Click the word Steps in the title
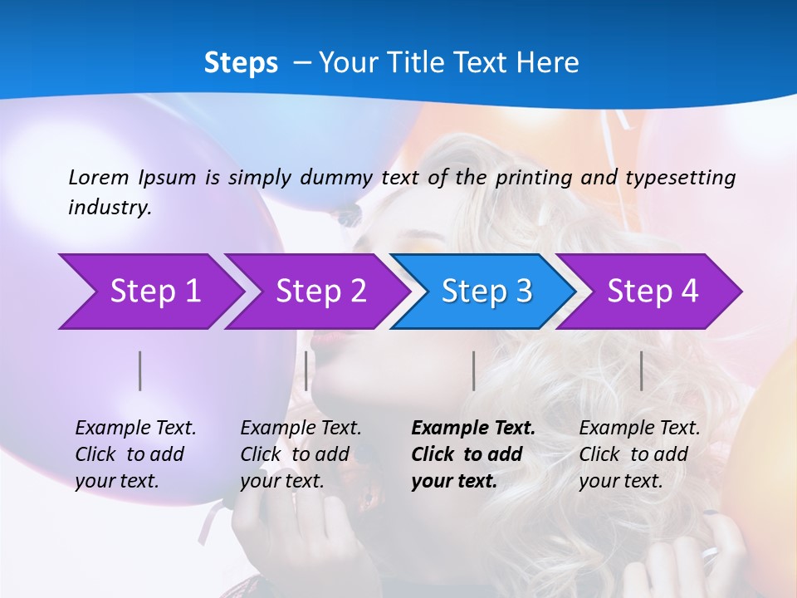pyautogui.click(x=241, y=63)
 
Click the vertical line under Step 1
pyautogui.click(x=140, y=370)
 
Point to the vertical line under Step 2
pyautogui.click(x=306, y=370)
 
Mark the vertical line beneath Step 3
pyautogui.click(x=474, y=370)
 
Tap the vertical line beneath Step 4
pyautogui.click(x=642, y=370)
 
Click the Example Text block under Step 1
pyautogui.click(x=135, y=454)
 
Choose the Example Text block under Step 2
pyautogui.click(x=301, y=454)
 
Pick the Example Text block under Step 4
pyautogui.click(x=639, y=454)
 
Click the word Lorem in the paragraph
pyautogui.click(x=99, y=177)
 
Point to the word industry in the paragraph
pyautogui.click(x=109, y=208)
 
